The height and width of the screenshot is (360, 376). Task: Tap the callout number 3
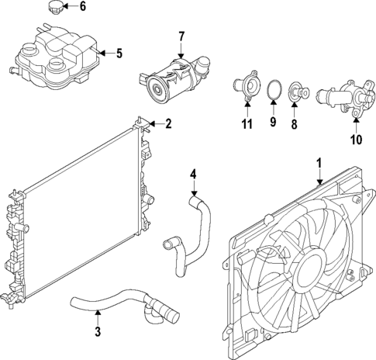pyautogui.click(x=98, y=334)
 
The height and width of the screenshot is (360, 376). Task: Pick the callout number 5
pyautogui.click(x=119, y=54)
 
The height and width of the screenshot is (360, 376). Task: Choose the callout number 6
pyautogui.click(x=84, y=7)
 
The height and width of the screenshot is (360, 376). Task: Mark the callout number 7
pyautogui.click(x=181, y=36)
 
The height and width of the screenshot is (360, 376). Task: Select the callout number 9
pyautogui.click(x=271, y=122)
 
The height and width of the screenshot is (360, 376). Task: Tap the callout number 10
pyautogui.click(x=356, y=140)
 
